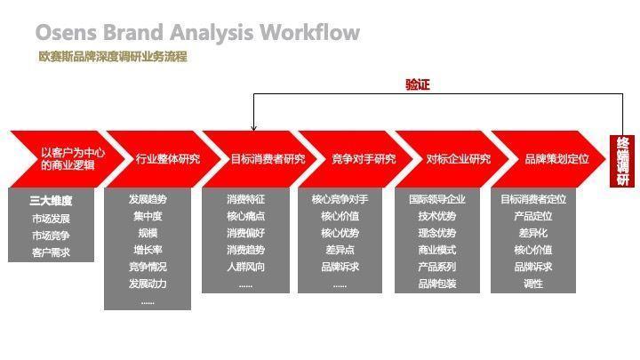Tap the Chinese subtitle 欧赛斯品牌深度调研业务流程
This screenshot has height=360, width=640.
coord(112,57)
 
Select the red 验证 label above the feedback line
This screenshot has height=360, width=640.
coord(418,84)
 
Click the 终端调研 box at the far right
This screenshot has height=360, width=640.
coord(621,160)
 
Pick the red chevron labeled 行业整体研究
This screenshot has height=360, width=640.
coord(167,159)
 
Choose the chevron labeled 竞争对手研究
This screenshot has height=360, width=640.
coord(363,159)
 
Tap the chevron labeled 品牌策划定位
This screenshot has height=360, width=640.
coord(556,159)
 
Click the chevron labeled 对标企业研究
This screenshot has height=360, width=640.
coord(458,159)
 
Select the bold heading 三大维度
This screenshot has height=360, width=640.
coord(51,201)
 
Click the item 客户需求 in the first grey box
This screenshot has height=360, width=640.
coord(51,252)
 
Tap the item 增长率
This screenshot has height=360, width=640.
coord(148,250)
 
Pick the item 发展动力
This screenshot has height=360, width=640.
coord(148,284)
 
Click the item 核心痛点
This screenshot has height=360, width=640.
coord(245,216)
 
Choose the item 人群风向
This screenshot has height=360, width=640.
coord(245,267)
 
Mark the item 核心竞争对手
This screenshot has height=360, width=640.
coord(340,199)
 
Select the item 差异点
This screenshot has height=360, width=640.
coord(340,250)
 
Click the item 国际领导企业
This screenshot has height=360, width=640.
coord(437,199)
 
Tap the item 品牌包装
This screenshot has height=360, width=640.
coord(437,284)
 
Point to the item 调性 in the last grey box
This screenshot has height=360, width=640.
coord(533,284)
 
